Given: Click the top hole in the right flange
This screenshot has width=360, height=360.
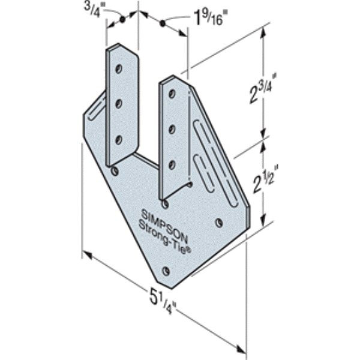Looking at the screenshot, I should point(173,93).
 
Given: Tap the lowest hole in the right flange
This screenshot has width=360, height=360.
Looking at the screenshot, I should point(172,163).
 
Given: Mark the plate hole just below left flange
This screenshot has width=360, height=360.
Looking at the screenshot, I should point(115,171).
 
